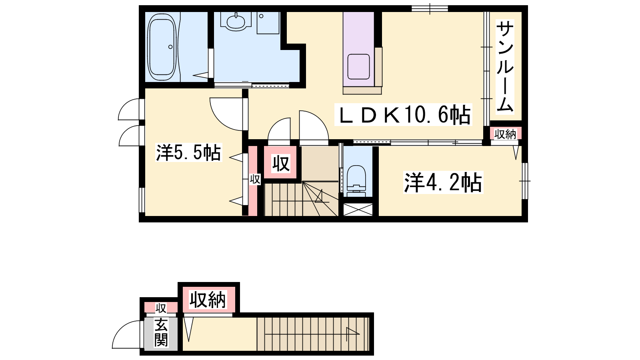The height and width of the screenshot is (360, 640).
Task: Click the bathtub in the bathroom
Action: point(162,46)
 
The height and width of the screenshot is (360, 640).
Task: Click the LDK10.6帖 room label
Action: point(403,114)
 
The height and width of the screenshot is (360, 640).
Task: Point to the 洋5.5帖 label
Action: point(188,152)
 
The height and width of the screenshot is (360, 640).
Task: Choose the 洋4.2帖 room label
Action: point(443,182)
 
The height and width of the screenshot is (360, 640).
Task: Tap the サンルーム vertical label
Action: point(505,67)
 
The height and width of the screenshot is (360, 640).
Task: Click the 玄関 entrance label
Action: point(161,333)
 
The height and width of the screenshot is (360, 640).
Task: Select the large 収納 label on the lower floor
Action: point(208,300)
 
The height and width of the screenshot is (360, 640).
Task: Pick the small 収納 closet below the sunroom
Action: point(506,134)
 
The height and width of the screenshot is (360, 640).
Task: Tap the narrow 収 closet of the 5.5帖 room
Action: point(253,180)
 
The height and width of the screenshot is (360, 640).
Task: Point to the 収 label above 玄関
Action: point(161,308)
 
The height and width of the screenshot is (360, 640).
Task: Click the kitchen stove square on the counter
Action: point(358,66)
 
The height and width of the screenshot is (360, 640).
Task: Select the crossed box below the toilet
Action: point(358,210)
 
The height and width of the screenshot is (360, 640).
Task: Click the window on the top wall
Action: point(430,8)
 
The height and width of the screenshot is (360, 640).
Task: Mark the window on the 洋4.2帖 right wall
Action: point(525,181)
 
